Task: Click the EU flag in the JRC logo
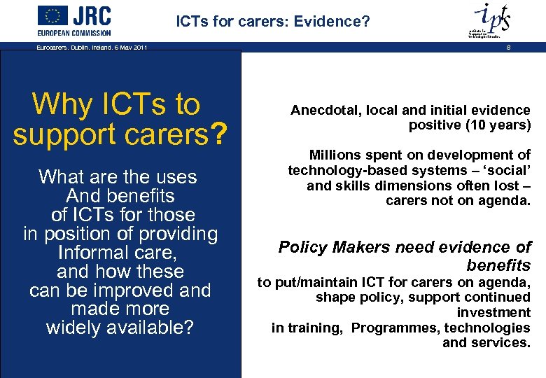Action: pyautogui.click(x=53, y=15)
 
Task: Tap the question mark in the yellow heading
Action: pyautogui.click(x=219, y=134)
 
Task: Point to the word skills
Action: pyautogui.click(x=353, y=185)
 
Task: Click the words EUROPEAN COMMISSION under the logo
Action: pyautogui.click(x=74, y=33)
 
